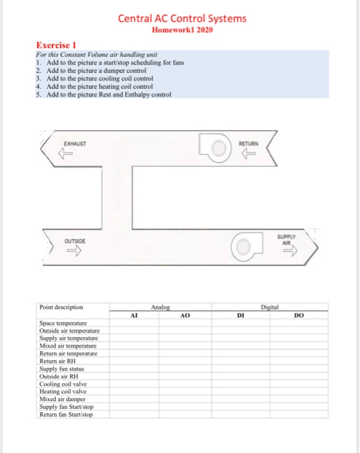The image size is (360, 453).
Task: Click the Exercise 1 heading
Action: (56, 45)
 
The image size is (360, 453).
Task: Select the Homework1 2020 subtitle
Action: (182, 30)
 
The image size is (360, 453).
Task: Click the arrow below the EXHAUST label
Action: (63, 154)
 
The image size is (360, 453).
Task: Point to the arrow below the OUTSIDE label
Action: (67, 254)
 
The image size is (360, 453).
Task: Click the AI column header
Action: (134, 317)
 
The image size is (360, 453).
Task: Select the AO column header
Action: (185, 317)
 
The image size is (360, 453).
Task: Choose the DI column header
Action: (240, 317)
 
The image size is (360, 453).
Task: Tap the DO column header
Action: (297, 317)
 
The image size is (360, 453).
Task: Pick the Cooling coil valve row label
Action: (63, 384)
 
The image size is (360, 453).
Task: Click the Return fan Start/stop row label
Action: (66, 415)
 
